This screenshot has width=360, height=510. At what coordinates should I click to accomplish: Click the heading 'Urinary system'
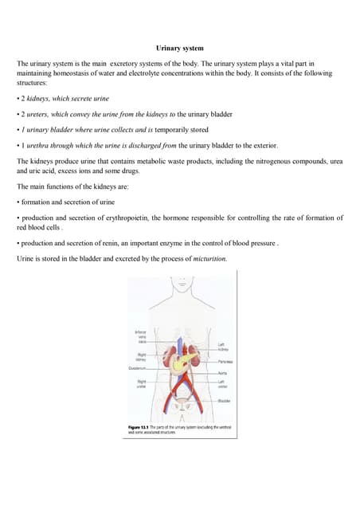179,49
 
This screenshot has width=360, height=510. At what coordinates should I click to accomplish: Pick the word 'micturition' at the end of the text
209,259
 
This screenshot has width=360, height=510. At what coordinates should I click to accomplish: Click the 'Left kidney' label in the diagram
222,347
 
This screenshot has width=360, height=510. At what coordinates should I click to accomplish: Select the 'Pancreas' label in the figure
224,362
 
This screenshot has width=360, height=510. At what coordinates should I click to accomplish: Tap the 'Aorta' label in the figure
222,374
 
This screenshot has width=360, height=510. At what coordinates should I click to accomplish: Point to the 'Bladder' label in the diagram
224,400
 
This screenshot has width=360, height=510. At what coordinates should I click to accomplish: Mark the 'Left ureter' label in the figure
223,385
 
